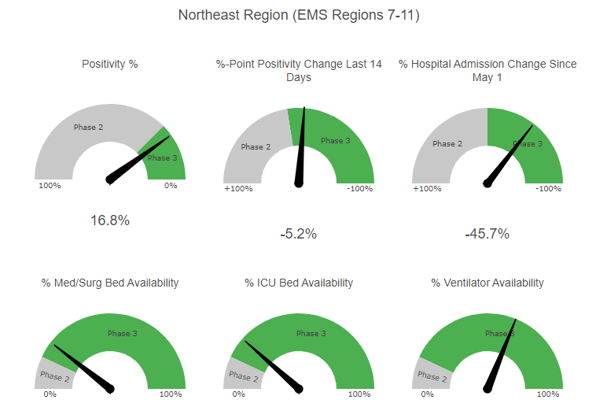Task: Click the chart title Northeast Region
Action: coord(298,15)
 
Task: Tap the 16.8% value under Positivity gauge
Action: coord(110,220)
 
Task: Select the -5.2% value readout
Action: coord(298,234)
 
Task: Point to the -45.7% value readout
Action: coord(487,234)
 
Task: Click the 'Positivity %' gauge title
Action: coord(110,63)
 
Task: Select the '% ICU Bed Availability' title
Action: coord(298,283)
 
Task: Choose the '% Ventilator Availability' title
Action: coord(487,283)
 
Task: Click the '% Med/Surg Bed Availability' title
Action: coord(110,283)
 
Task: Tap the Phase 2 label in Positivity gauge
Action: coord(88,127)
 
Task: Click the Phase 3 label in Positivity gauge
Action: coord(163,158)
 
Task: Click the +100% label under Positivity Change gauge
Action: coord(238,189)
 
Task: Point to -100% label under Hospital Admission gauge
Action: coord(548,189)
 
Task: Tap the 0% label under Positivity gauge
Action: coord(171,186)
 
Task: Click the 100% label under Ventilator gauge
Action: coord(548,394)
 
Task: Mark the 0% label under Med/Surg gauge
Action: coord(50,394)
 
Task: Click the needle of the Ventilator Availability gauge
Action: coord(501,354)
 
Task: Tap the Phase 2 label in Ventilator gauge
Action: coord(429,376)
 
